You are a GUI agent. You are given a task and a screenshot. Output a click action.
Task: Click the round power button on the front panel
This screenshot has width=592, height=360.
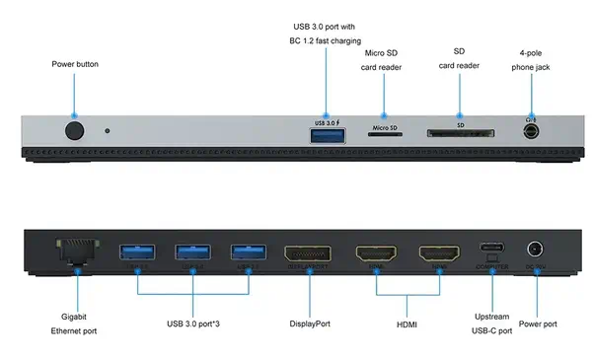pos(74,130)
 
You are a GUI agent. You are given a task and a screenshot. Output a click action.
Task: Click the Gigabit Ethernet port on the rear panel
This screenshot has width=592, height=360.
pos(78,252)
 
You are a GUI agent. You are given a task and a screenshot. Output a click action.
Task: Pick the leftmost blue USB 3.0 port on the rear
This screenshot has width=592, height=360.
pos(137,252)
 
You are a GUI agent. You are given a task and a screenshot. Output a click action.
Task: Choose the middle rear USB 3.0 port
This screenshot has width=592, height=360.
pos(192,252)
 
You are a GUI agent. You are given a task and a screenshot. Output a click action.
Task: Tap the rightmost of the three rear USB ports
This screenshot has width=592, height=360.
pos(248,252)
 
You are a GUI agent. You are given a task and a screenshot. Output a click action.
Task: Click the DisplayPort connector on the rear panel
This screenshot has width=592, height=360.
pos(308,253)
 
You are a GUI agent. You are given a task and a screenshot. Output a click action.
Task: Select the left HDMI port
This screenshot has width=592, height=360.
pos(376,253)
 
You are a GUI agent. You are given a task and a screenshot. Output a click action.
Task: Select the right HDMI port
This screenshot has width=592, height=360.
pos(438,253)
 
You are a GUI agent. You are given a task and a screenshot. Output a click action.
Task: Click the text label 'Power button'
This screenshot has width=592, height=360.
pos(74,64)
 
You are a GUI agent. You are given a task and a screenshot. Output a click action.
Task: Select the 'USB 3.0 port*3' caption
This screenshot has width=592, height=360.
pos(192,324)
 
